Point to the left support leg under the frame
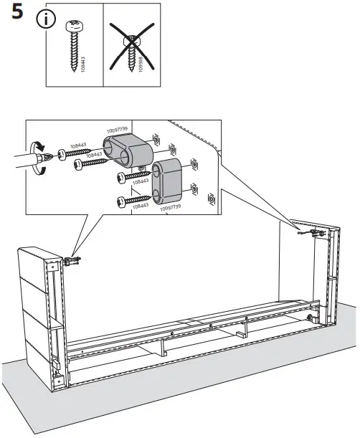point(164,349)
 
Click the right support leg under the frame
point(245,329)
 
